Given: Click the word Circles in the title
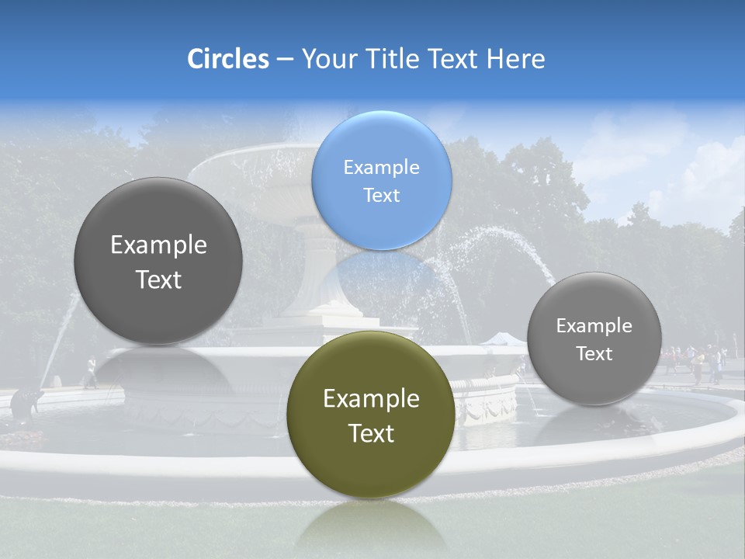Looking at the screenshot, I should pyautogui.click(x=227, y=59).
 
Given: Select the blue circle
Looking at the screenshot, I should pyautogui.click(x=381, y=180).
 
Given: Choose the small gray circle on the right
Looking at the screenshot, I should pyautogui.click(x=594, y=339).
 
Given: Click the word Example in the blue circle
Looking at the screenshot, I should pyautogui.click(x=381, y=167).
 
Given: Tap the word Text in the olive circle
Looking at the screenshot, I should pyautogui.click(x=371, y=433).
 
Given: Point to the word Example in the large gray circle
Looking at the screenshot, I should pyautogui.click(x=158, y=245).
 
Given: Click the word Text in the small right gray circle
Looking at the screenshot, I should pyautogui.click(x=594, y=354).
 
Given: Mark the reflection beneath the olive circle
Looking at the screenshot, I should pyautogui.click(x=371, y=528).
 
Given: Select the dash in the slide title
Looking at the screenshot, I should pyautogui.click(x=285, y=59).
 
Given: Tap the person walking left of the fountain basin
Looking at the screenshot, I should pyautogui.click(x=91, y=373).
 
